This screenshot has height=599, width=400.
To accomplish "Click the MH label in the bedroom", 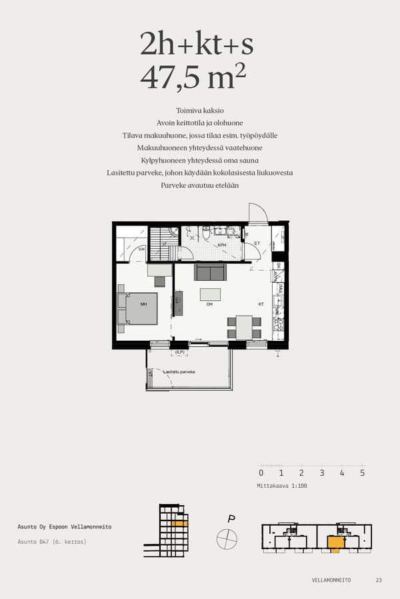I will click(143, 304).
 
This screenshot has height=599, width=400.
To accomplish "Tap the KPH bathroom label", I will click(221, 245).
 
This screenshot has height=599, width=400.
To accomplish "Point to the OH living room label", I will click(209, 304).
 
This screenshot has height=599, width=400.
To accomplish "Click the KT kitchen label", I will click(261, 304).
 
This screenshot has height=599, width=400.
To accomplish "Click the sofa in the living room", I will click(210, 272).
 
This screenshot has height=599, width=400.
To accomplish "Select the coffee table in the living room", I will click(210, 294).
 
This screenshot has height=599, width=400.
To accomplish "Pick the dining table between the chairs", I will click(244, 327).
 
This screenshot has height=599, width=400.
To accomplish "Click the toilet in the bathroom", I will click(207, 233).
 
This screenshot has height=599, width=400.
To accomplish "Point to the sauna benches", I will click(160, 243).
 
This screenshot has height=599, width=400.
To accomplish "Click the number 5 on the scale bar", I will click(362, 473).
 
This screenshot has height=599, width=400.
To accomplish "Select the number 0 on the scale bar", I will click(261, 473).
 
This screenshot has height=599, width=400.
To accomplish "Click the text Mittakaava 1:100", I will click(282, 486).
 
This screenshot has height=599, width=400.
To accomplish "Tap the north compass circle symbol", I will click(227, 538).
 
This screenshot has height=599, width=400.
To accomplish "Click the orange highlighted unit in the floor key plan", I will click(335, 543).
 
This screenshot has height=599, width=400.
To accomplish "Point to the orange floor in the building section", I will click(177, 524).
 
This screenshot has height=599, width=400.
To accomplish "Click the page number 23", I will click(379, 580).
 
